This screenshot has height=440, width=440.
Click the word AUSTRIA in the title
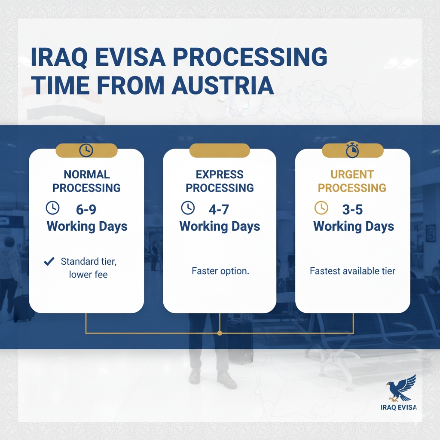pyautogui.click(x=223, y=86)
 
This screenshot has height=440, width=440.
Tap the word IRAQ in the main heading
pyautogui.click(x=59, y=57)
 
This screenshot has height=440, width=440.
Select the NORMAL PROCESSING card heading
pyautogui.click(x=86, y=181)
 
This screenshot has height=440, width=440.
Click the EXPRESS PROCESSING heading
pyautogui.click(x=220, y=181)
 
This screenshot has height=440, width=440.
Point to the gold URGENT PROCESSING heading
pyautogui.click(x=352, y=181)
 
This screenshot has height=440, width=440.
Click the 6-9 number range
pyautogui.click(x=86, y=209)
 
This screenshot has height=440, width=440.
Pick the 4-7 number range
pyautogui.click(x=219, y=209)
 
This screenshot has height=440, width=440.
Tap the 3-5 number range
pyautogui.click(x=352, y=209)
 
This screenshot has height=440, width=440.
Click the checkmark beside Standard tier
pyautogui.click(x=49, y=262)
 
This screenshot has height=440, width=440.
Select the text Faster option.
pyautogui.click(x=220, y=271)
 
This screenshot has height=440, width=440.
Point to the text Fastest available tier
pyautogui.click(x=352, y=271)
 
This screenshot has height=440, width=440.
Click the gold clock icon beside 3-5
pyautogui.click(x=321, y=208)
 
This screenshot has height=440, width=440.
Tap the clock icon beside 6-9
pyautogui.click(x=52, y=208)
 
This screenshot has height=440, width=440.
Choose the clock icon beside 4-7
pyautogui.click(x=188, y=208)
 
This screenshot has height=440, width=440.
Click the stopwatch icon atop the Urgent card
pyautogui.click(x=352, y=150)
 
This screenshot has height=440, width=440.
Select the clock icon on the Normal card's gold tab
pyautogui.click(x=86, y=150)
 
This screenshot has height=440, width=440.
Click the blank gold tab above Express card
pyautogui.click(x=220, y=150)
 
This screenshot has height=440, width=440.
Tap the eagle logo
pyautogui.click(x=401, y=388)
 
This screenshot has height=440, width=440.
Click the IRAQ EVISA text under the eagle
pyautogui.click(x=399, y=407)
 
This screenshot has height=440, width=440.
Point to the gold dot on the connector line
pyautogui.click(x=220, y=333)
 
